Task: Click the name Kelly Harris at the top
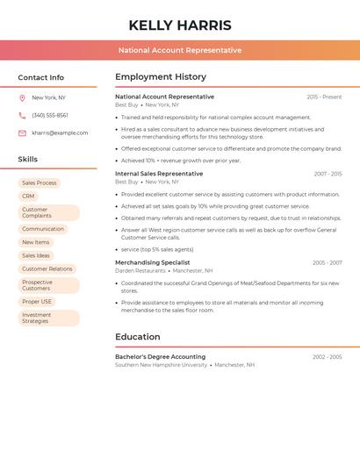point(180,25)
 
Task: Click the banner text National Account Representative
point(180,50)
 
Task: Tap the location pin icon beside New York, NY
point(22,97)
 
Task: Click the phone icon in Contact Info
point(22,115)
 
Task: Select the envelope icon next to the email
point(22,133)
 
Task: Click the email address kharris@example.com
point(60,133)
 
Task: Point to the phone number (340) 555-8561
point(50,115)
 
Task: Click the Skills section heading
point(28,159)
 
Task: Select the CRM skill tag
point(28,197)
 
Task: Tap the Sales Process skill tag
point(39,182)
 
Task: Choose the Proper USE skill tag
point(37,302)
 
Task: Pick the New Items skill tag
point(35,242)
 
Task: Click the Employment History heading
point(161,76)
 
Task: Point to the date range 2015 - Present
point(324,97)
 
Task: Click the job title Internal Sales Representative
point(159,174)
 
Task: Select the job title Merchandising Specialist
point(152,262)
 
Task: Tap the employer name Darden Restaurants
point(140,271)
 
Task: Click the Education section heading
point(138,337)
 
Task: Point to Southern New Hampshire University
point(161,365)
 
